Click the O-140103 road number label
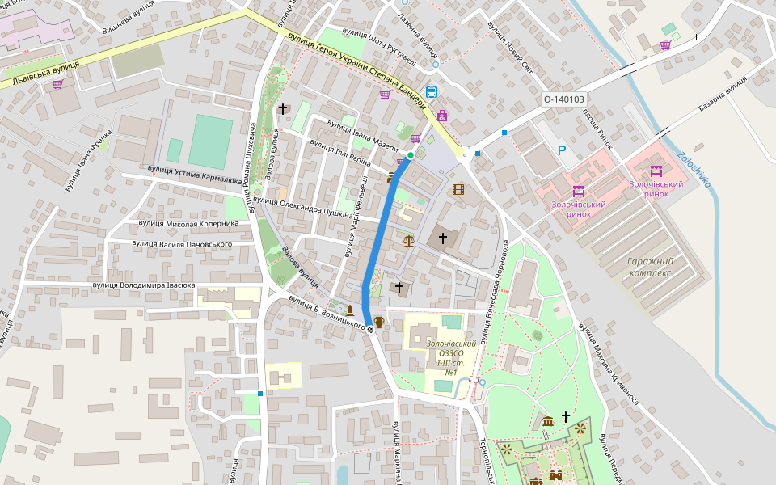pos(563,99)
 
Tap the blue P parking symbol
pos(562,150)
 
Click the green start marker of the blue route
pos(411,155)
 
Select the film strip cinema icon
pos(459,190)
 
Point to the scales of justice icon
pos(408,239)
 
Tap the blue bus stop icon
pos(432,92)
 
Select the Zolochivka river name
pos(694,170)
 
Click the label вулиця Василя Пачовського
pos(183,243)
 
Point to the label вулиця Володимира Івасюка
pos(144,285)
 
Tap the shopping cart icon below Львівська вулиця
pos(57,84)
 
